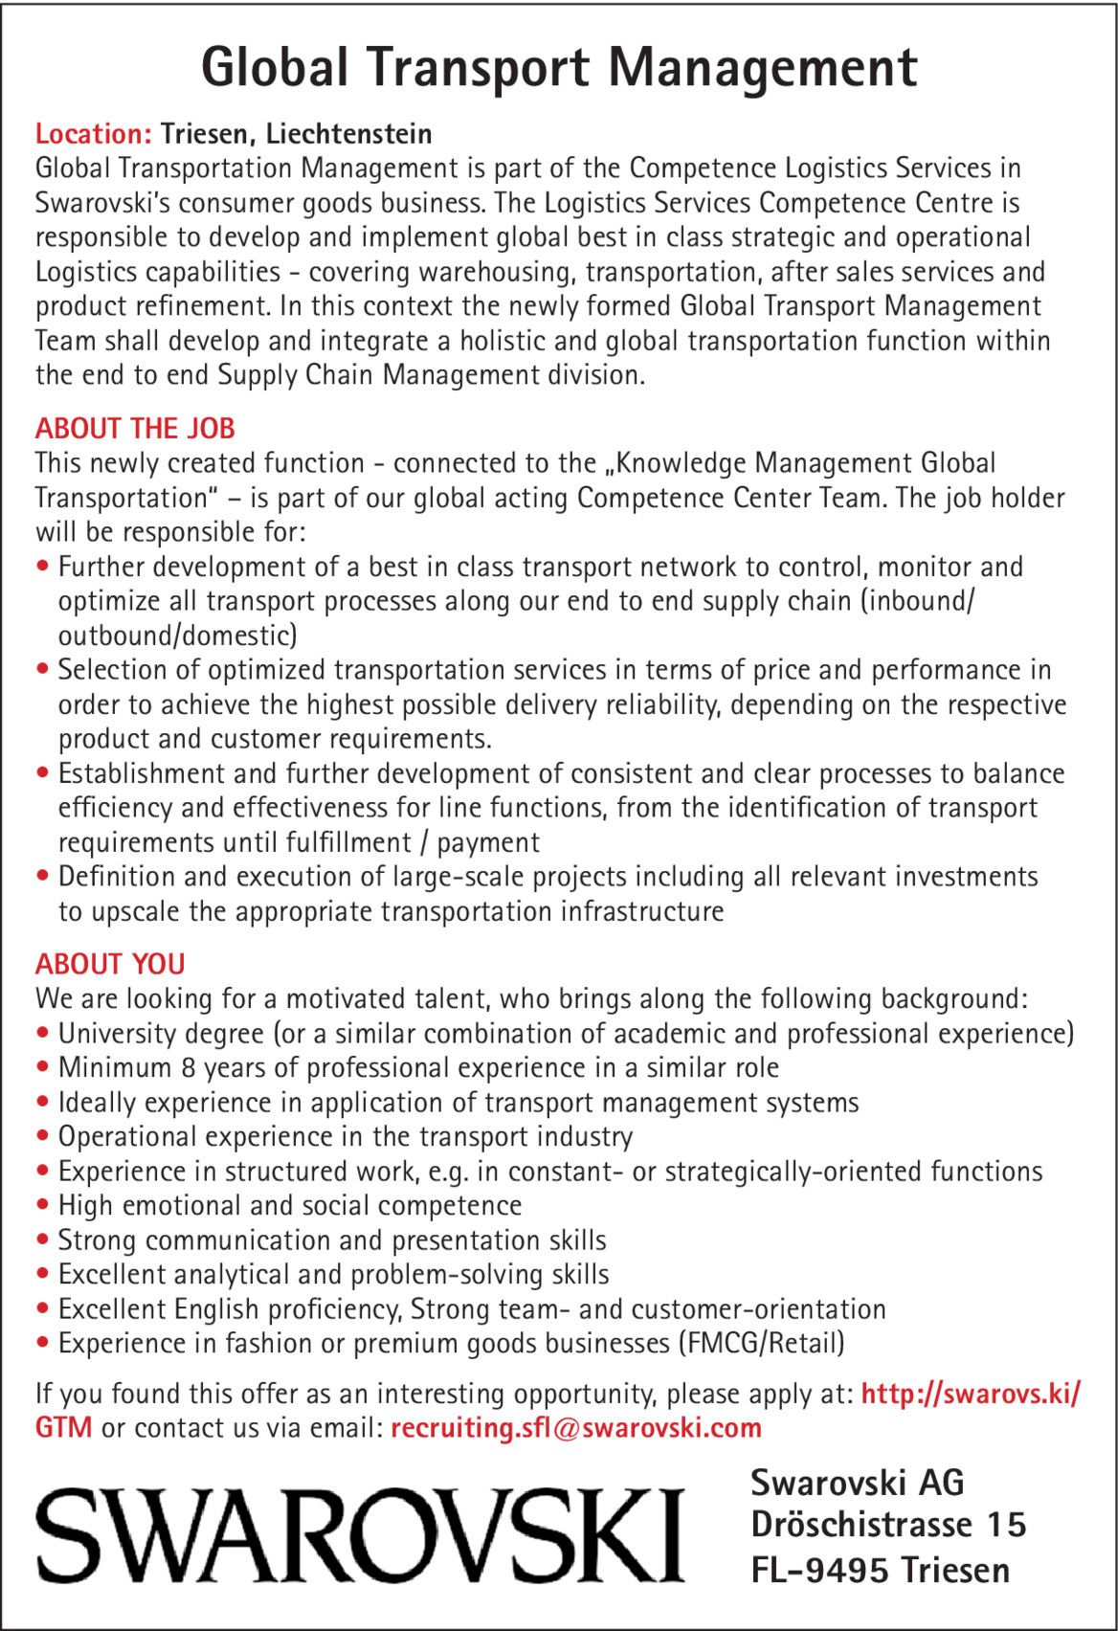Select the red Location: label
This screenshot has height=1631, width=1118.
pyautogui.click(x=94, y=134)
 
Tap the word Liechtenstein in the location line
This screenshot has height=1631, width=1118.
pyautogui.click(x=349, y=134)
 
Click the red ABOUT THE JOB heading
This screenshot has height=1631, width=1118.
pyautogui.click(x=135, y=429)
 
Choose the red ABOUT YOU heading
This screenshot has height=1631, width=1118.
pyautogui.click(x=110, y=964)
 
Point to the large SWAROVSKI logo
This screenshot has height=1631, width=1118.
pyautogui.click(x=360, y=1533)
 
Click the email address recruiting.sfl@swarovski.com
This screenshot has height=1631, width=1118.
pyautogui.click(x=576, y=1428)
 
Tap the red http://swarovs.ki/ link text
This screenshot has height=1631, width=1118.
pyautogui.click(x=971, y=1394)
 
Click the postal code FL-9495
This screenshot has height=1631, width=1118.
pyautogui.click(x=820, y=1571)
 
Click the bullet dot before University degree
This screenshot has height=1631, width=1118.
pyautogui.click(x=42, y=1035)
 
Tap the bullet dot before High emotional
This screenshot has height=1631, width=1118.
pyautogui.click(x=42, y=1207)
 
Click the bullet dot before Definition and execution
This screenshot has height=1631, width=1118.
pyautogui.click(x=42, y=878)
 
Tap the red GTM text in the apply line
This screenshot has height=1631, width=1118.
pyautogui.click(x=64, y=1428)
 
